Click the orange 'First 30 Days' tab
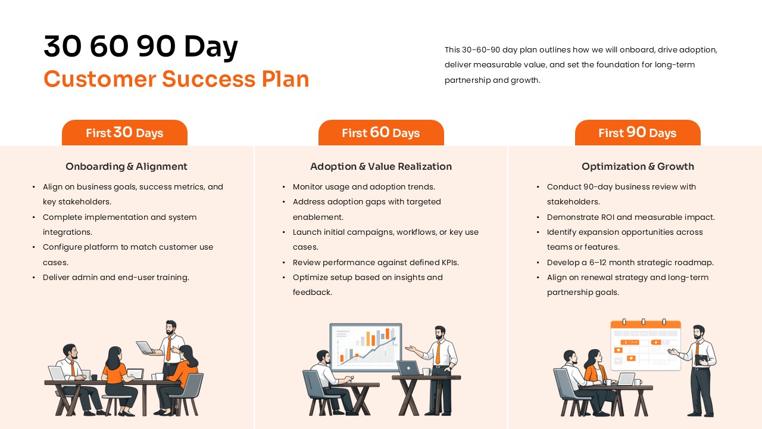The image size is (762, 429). coord(124,133)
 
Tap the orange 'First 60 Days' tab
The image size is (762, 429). coord(381,133)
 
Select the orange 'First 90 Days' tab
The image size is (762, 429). coord(637,133)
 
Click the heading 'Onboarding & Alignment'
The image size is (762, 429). coord(126,167)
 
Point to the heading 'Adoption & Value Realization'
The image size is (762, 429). coord(381,167)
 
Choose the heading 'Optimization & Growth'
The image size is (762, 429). coord(638,167)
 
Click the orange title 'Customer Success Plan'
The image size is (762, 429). coord(176,79)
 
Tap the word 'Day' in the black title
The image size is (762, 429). coord(211,46)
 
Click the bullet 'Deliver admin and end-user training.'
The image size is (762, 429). coord(116,277)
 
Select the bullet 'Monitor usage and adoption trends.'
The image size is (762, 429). coord(364,186)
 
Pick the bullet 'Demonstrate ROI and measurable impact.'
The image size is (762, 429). coord(631,217)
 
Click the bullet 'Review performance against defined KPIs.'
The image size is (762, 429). coord(376,262)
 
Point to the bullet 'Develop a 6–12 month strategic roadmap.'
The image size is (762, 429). coord(630,262)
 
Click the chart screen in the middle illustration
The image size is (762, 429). coord(366,346)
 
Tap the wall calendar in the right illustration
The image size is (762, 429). coord(645,346)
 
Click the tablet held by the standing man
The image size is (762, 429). coord(145,347)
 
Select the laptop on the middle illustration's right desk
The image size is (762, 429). coord(408,368)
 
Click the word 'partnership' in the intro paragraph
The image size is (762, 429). coord(467,80)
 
